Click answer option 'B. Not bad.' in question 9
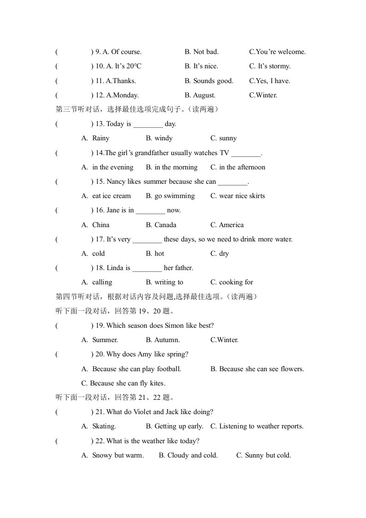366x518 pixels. pyautogui.click(x=202, y=52)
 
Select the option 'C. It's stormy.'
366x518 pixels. pyautogui.click(x=270, y=66)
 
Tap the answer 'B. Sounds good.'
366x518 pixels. pyautogui.click(x=209, y=81)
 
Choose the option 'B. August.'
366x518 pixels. pyautogui.click(x=200, y=95)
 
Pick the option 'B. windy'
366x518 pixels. pyautogui.click(x=159, y=138)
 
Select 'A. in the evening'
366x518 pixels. pyautogui.click(x=108, y=167)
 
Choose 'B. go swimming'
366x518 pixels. pyautogui.click(x=170, y=196)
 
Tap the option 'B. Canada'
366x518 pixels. pyautogui.click(x=161, y=225)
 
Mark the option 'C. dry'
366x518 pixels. pyautogui.click(x=220, y=253)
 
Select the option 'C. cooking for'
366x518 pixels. pyautogui.click(x=232, y=282)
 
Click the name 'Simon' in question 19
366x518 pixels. pyautogui.click(x=174, y=325)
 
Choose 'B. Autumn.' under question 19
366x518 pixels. pyautogui.click(x=163, y=340)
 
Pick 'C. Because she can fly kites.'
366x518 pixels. pyautogui.click(x=123, y=383)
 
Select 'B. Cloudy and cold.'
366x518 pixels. pyautogui.click(x=188, y=455)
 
